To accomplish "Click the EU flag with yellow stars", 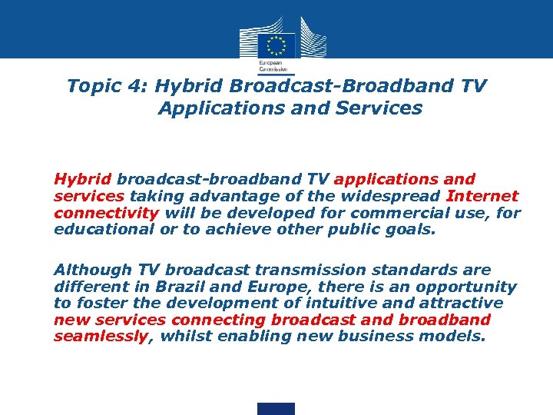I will (277, 45).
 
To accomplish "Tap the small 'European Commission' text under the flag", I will (270, 65).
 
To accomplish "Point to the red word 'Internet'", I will (482, 196).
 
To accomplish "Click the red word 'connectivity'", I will (106, 212).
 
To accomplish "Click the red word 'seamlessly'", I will (100, 335).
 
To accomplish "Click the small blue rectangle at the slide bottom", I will (276, 408).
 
